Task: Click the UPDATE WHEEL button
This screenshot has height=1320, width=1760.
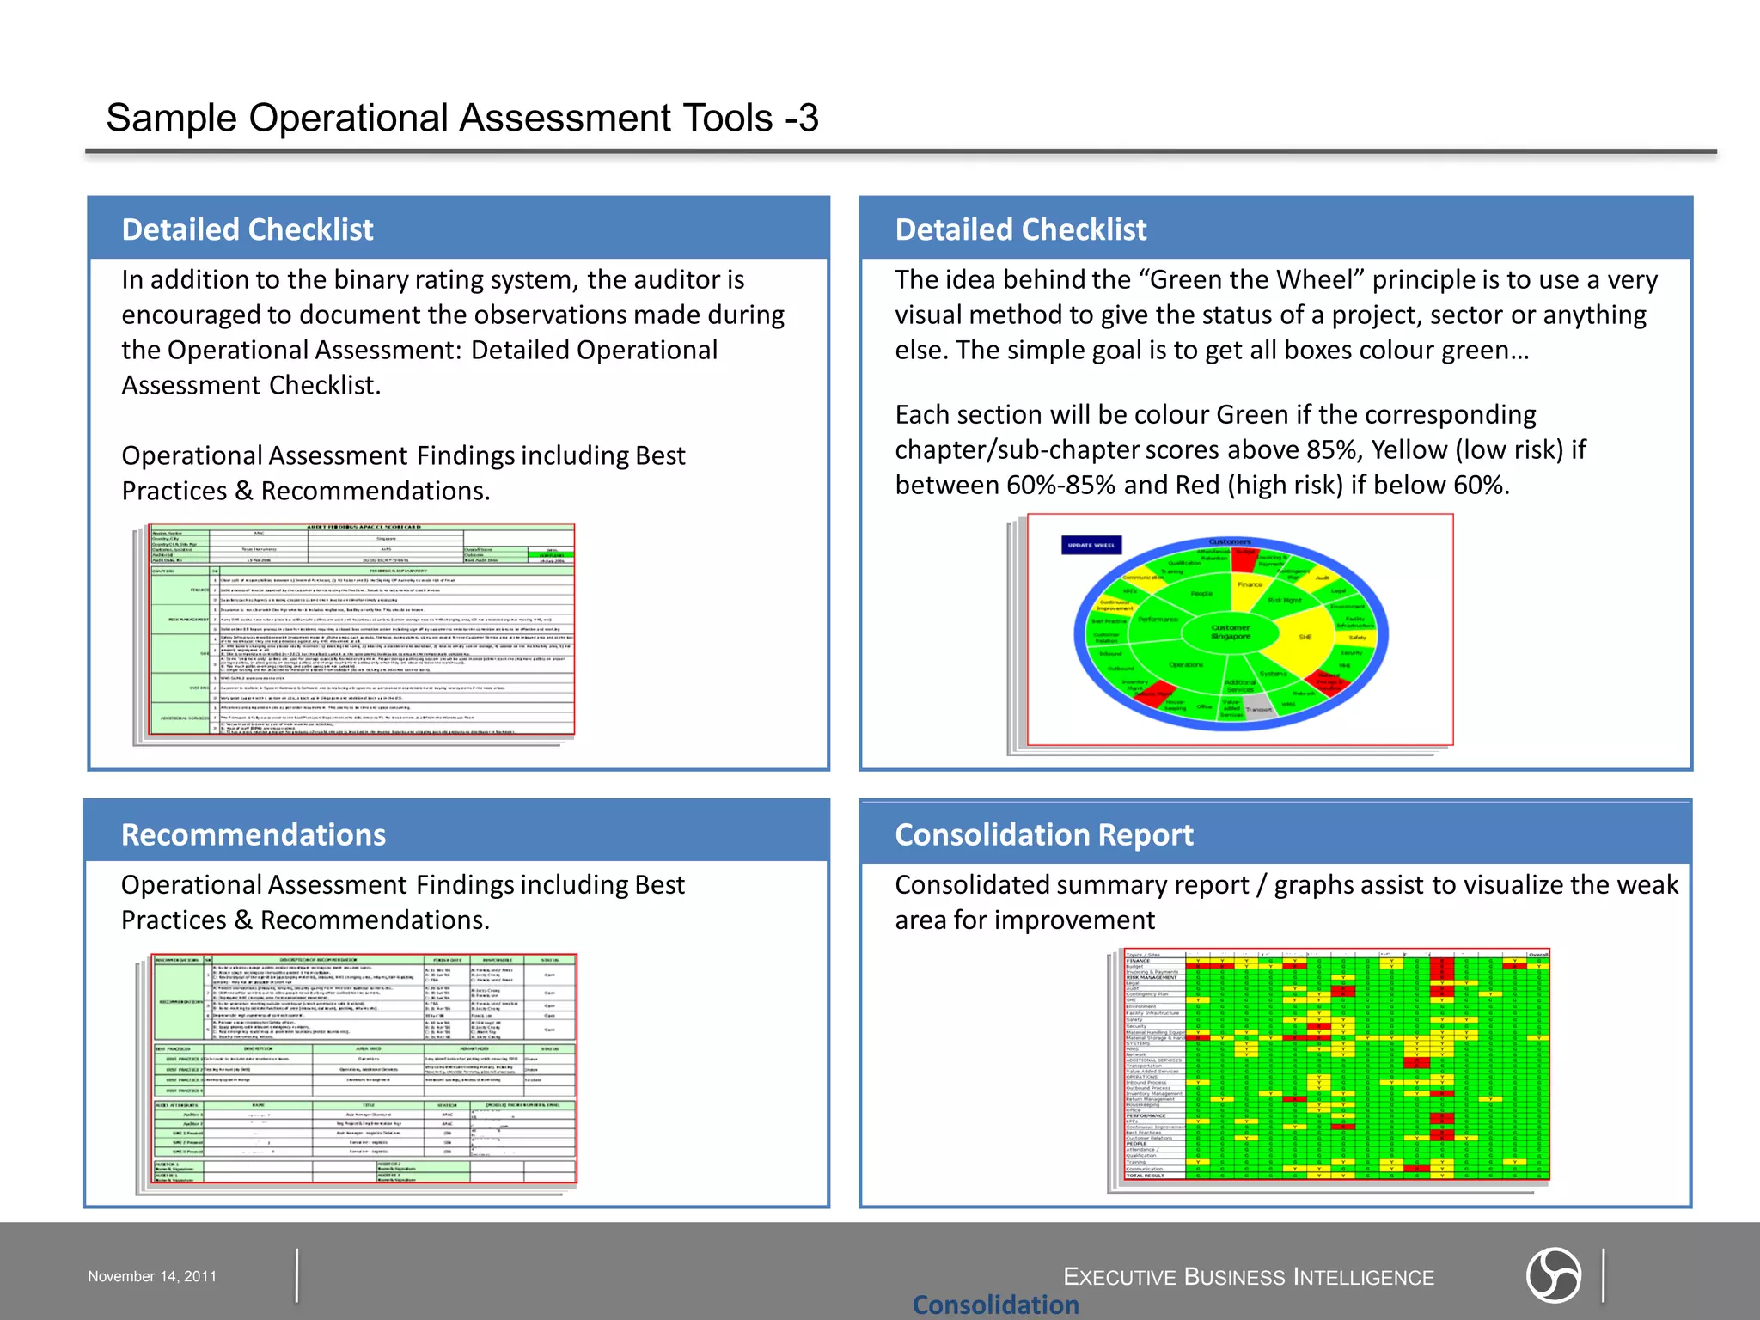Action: tap(1091, 545)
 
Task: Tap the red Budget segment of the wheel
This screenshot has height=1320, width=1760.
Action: tap(1244, 559)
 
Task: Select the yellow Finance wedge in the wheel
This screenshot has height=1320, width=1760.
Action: tap(1250, 585)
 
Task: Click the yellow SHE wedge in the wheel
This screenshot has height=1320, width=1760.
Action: tap(1306, 637)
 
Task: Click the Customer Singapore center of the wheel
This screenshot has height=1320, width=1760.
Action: tap(1231, 632)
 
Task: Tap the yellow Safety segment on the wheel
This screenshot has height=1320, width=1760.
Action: tap(1358, 638)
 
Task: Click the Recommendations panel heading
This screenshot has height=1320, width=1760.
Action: tap(254, 834)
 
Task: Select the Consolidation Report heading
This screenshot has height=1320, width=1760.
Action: tap(1044, 834)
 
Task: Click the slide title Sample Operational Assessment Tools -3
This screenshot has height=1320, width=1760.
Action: tap(462, 118)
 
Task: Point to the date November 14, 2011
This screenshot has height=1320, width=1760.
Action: tap(152, 1276)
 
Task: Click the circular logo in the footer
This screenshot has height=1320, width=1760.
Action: tap(1553, 1275)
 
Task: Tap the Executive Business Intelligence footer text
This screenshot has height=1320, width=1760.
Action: tap(1249, 1277)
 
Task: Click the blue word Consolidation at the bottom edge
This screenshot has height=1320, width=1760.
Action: tap(995, 1305)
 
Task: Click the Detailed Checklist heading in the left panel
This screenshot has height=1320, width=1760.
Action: tap(247, 229)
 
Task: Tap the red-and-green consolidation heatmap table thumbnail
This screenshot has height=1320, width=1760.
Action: tap(1336, 1066)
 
